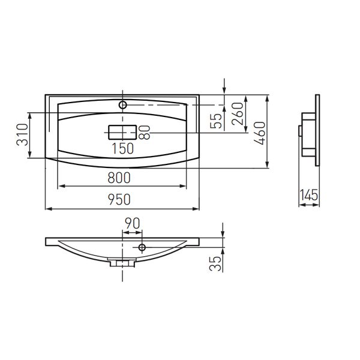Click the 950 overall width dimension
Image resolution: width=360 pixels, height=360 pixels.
point(119,199)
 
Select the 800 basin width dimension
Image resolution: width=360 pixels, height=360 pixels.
point(119,178)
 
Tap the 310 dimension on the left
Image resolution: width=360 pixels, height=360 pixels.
point(22,135)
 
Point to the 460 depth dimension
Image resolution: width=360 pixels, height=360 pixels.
point(260,133)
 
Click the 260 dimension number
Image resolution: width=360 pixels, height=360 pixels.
point(237,114)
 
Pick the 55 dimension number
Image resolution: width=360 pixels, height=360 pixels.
point(216,121)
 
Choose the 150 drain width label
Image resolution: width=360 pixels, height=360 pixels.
point(122,149)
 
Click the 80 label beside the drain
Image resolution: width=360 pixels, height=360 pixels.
point(145,133)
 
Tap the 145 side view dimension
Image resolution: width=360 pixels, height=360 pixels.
point(309,195)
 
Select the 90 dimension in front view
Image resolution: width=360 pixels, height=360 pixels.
point(132,223)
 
